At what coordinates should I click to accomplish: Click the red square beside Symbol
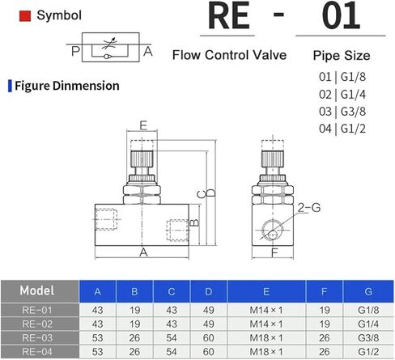25,15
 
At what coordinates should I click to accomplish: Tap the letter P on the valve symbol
76,51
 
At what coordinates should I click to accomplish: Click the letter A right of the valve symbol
148,51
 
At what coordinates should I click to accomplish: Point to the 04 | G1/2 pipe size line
342,129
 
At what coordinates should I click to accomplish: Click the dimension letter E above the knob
143,125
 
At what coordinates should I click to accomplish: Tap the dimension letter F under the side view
274,252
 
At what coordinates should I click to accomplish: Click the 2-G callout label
309,208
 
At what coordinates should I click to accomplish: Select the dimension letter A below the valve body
143,252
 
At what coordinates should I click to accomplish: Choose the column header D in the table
209,291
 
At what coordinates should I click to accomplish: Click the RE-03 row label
37,337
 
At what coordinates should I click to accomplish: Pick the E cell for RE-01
266,310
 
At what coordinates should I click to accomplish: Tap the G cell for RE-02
368,324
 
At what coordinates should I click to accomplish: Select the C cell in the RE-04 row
172,352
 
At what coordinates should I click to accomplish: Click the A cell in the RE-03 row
97,337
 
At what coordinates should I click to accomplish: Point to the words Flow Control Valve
229,55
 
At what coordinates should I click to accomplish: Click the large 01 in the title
341,15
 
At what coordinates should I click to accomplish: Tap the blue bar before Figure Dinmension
10,86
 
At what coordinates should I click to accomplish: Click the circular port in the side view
272,230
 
